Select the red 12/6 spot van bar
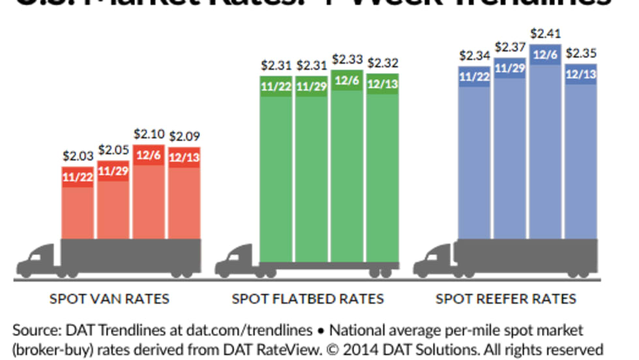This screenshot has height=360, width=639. click(148, 196)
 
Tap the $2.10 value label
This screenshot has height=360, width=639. click(148, 134)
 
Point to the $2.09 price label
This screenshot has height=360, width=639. click(184, 137)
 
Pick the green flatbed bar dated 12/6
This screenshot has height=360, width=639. click(346, 170)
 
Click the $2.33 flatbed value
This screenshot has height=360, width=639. click(346, 59)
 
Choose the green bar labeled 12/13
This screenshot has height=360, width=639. click(382, 170)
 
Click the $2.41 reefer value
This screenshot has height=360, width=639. click(545, 33)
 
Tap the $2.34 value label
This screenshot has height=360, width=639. click(474, 55)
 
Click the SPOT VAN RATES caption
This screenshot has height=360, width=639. click(110, 299)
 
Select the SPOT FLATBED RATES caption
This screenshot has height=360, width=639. click(308, 299)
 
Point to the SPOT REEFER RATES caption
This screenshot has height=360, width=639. click(506, 299)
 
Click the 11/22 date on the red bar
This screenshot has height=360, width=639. click(77, 177)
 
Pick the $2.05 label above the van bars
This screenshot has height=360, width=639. click(113, 150)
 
